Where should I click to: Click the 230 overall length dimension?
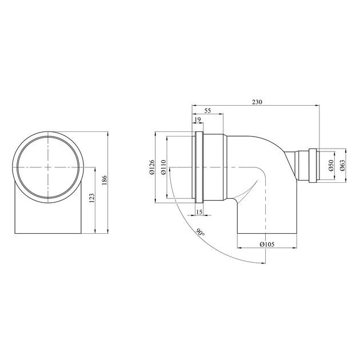pos(257,102)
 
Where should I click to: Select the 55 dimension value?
pos(207,110)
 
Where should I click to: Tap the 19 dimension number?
pos(198,119)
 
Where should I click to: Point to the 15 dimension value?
pos(199,212)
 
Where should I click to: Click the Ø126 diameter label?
pos(152,167)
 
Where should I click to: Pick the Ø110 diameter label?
pos(163,167)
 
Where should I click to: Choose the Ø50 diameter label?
pos(331,165)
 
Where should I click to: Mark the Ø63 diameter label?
pos(342,165)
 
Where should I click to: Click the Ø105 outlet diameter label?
pos(267,244)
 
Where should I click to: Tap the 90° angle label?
pos(200,232)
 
